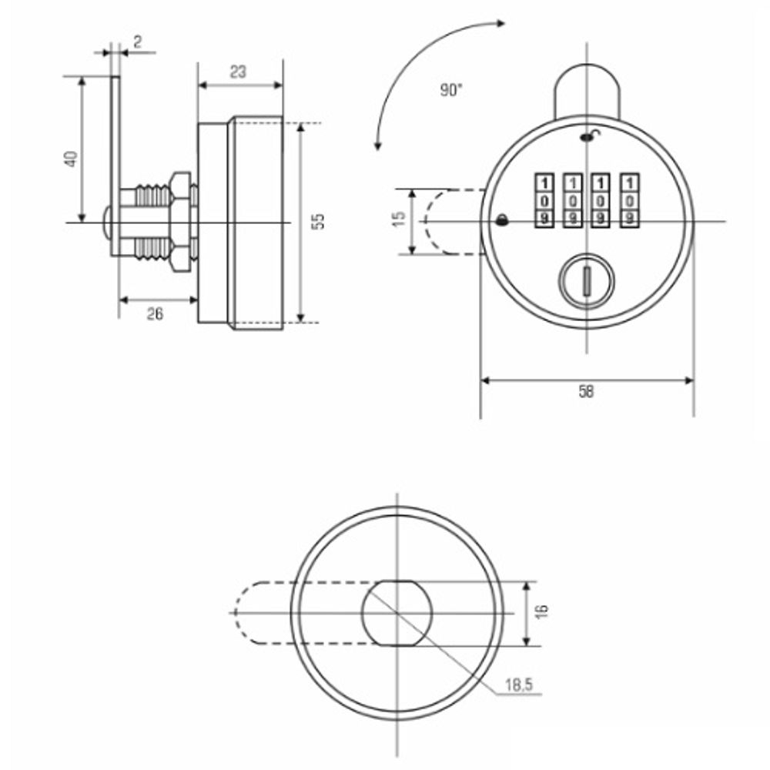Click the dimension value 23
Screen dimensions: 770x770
point(238,72)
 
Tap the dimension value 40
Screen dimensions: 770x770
point(72,159)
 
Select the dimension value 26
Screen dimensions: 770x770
point(155,314)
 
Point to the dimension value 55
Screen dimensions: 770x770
point(319,221)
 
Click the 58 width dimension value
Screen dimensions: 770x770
point(586,391)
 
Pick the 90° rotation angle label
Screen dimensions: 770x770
point(450,90)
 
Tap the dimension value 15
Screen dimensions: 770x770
point(400,219)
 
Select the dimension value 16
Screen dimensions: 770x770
point(541,611)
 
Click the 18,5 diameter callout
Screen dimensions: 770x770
point(518,684)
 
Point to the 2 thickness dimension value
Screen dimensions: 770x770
point(138,42)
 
